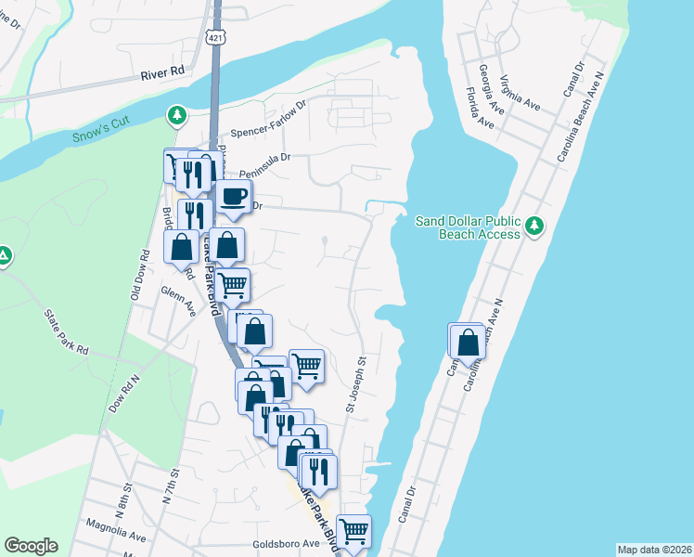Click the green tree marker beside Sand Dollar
(x=533, y=226)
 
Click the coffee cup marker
(x=233, y=197)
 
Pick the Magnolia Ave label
(x=114, y=537)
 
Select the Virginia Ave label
(x=520, y=92)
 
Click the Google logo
(x=31, y=546)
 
